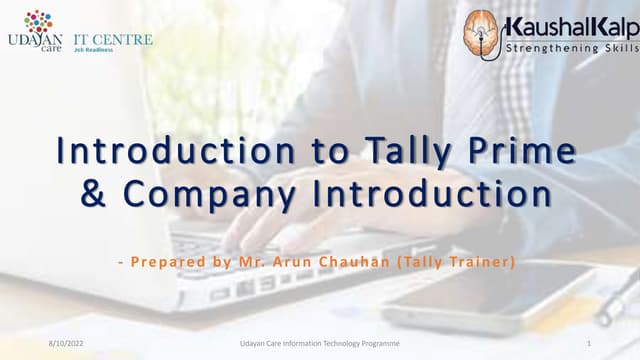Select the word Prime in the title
[x=529, y=152]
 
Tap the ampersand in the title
[x=93, y=194]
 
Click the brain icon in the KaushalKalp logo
[x=482, y=34]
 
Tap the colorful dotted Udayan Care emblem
[x=38, y=22]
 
